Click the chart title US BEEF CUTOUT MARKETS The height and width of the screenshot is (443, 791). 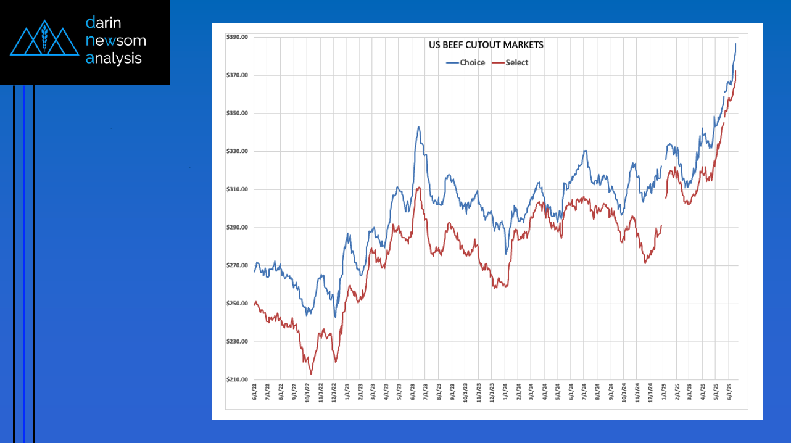(x=486, y=45)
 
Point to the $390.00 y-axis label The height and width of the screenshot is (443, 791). (x=237, y=37)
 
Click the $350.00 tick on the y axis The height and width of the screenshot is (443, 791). (x=237, y=114)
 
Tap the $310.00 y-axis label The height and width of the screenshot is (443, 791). (x=237, y=189)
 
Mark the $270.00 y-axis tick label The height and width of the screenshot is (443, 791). (x=237, y=266)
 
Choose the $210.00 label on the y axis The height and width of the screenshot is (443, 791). (x=237, y=380)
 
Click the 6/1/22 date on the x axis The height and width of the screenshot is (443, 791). (x=255, y=392)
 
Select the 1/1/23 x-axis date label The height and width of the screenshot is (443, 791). (x=347, y=392)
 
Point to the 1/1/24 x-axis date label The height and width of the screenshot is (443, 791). (x=505, y=392)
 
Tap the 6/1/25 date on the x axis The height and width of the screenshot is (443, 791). (x=729, y=392)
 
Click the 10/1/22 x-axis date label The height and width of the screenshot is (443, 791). (x=307, y=392)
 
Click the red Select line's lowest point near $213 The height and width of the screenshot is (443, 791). (x=311, y=374)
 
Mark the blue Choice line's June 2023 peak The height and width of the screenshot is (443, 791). (x=418, y=127)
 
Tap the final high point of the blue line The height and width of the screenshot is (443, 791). (x=735, y=43)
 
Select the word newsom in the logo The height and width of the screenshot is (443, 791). (x=116, y=41)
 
